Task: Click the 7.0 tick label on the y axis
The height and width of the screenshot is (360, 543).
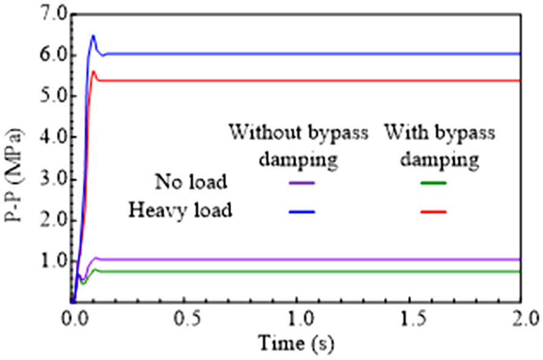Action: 49,14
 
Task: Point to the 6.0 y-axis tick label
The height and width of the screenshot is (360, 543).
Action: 49,55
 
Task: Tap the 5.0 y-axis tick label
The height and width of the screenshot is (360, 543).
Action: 49,96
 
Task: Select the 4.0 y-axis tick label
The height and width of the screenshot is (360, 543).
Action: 49,138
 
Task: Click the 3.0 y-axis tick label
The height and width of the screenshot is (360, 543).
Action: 49,179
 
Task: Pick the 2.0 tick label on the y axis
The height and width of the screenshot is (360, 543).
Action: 49,221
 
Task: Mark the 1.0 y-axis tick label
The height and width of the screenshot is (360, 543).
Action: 49,262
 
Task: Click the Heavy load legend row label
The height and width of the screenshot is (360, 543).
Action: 180,211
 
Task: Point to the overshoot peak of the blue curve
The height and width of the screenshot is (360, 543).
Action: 93,36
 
